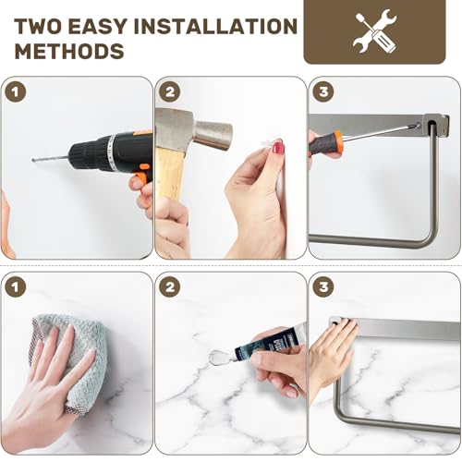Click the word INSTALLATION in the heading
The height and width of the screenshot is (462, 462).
(x=215, y=26)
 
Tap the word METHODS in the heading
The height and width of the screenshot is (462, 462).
(x=69, y=51)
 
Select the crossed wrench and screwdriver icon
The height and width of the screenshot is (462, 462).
(x=374, y=31)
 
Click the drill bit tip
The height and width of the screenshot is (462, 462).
(x=33, y=160)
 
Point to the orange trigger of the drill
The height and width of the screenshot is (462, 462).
(x=141, y=178)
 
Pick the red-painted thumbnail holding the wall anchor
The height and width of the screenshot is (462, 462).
(x=278, y=147)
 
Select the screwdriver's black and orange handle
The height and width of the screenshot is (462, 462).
(x=325, y=143)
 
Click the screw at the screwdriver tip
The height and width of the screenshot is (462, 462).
(x=418, y=125)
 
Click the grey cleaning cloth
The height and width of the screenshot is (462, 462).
(x=71, y=360)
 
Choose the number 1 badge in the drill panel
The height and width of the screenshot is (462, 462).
(x=16, y=91)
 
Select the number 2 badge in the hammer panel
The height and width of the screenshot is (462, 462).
(x=170, y=91)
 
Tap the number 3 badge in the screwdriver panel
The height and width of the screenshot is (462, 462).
(x=323, y=91)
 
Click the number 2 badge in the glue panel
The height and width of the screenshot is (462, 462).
(x=170, y=287)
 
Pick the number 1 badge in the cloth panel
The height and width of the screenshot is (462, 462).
(x=16, y=287)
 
